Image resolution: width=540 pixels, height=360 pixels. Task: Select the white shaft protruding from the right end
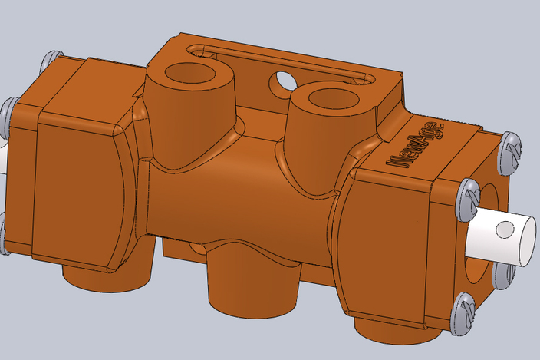pyautogui.click(x=499, y=235)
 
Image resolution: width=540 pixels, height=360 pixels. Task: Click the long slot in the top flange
pyautogui.click(x=280, y=61)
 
